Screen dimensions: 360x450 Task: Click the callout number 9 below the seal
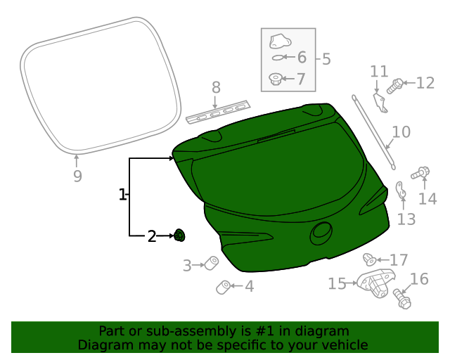(x=77, y=176)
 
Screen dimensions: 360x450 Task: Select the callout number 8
(x=216, y=87)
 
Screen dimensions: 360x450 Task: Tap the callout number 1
(x=122, y=195)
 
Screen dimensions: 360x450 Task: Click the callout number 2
(x=152, y=236)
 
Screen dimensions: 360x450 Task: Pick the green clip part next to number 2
(x=179, y=236)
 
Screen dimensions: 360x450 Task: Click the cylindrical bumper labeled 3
(x=211, y=264)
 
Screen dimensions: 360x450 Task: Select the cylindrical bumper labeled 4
(x=223, y=286)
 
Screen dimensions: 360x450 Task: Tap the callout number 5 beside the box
(x=326, y=58)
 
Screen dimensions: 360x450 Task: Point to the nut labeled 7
(x=276, y=78)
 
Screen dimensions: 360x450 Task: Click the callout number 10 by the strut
(x=401, y=132)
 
